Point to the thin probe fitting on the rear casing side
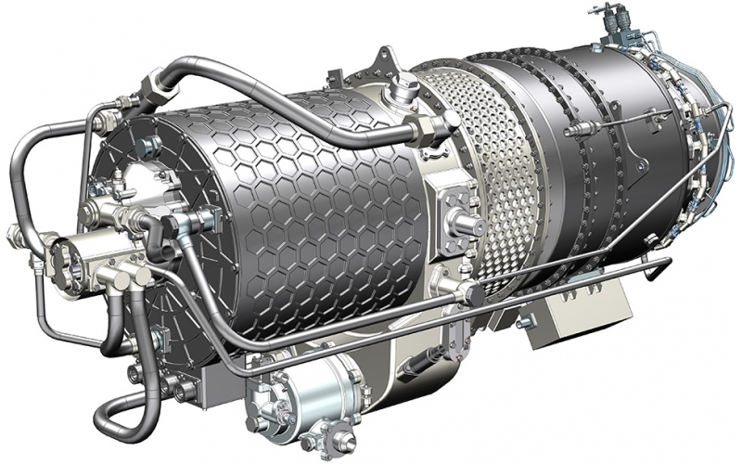coord(580,125)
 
